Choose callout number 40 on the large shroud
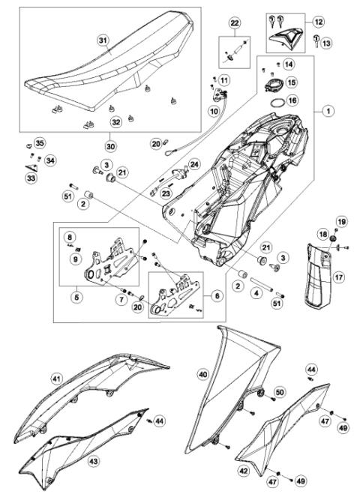coord(202,373)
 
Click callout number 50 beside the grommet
coord(280,393)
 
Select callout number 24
coord(194,163)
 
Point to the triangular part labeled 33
coord(34,169)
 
